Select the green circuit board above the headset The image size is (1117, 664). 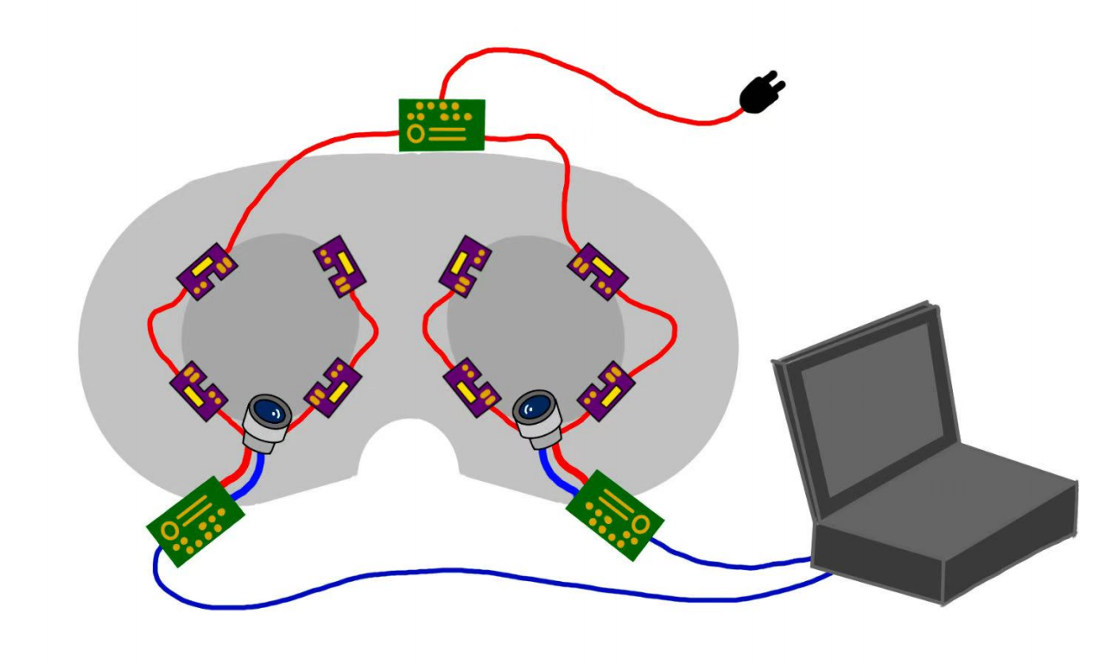click(x=441, y=124)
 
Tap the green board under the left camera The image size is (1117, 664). click(x=195, y=520)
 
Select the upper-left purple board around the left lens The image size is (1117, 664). click(x=206, y=271)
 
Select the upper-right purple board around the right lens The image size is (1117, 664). click(x=598, y=271)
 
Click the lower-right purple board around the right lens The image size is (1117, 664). click(x=606, y=390)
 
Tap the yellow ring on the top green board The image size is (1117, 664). click(x=416, y=134)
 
